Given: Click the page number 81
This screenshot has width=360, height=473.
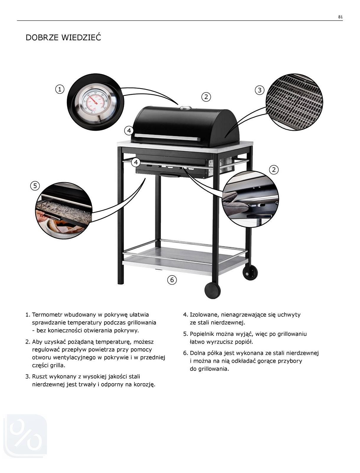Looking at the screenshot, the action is coord(340,17).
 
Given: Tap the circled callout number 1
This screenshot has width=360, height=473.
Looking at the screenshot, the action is coord(60,89).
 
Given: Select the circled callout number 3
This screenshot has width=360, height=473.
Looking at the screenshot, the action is coord(259,90).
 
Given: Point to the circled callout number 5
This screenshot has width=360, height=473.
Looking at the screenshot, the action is coord(35,186).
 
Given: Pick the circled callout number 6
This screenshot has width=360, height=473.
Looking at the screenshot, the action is coord(172,280).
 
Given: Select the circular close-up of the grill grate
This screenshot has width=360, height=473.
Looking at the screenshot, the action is coord(294,102).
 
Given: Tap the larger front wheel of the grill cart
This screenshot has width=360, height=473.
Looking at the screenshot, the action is coord(213,291).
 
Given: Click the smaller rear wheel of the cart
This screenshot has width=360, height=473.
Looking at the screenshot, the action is coord(250,273).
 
